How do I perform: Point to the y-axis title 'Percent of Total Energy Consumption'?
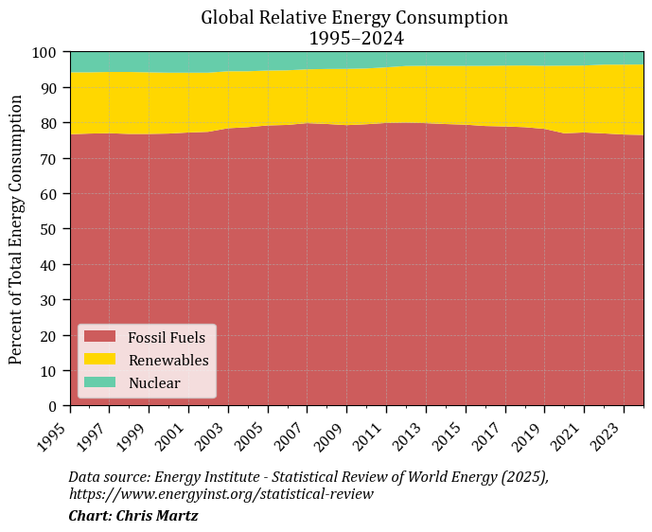[16, 229]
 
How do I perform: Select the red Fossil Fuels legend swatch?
[99, 336]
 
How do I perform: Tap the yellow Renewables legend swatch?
[99, 360]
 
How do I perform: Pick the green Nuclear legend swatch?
[99, 382]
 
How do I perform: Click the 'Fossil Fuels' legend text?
[166, 337]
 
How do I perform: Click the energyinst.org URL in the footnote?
[220, 494]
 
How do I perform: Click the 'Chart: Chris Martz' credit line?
[132, 516]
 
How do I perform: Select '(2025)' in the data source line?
[522, 476]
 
